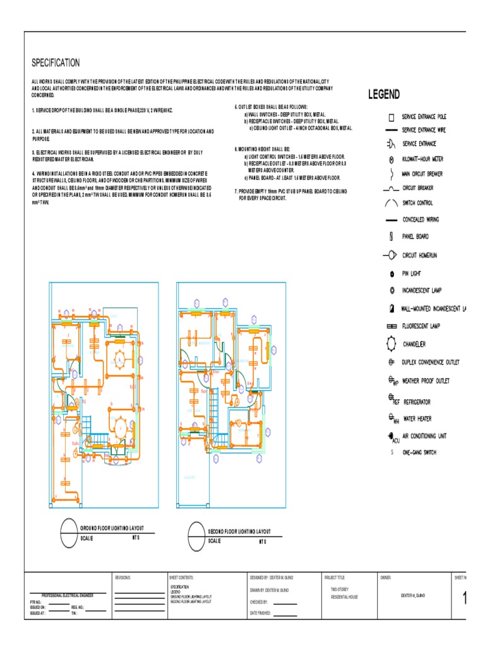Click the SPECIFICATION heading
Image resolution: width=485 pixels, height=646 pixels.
tap(56, 62)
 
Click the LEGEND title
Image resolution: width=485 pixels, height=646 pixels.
tap(384, 95)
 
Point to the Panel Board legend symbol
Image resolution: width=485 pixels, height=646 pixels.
tap(391, 237)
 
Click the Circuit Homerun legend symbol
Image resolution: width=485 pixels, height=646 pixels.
tap(390, 255)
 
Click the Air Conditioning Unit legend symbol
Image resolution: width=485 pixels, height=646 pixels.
tap(392, 436)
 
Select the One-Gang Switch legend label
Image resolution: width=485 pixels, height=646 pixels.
tap(419, 452)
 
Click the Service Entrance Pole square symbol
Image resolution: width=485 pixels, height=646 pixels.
tap(391, 117)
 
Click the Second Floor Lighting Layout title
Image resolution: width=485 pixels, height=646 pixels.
tap(239, 532)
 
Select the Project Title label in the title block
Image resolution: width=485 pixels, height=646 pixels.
tap(335, 577)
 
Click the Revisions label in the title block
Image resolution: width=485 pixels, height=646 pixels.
tap(122, 577)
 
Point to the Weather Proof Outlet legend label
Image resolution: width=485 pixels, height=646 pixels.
tap(426, 381)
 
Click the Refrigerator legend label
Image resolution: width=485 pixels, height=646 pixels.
tap(417, 402)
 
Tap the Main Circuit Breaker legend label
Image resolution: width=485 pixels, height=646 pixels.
tap(422, 173)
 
